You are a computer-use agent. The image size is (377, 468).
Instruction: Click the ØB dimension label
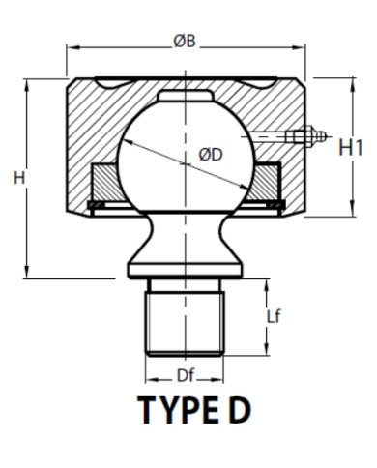click(x=185, y=42)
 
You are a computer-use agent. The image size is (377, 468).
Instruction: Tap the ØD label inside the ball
click(x=211, y=155)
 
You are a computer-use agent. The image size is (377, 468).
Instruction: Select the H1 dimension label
click(x=351, y=148)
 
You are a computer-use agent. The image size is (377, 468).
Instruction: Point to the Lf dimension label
click(x=274, y=316)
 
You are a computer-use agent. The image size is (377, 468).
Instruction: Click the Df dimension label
click(x=186, y=375)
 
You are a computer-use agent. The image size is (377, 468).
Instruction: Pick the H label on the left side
click(x=19, y=178)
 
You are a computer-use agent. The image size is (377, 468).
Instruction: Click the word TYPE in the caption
click(x=178, y=410)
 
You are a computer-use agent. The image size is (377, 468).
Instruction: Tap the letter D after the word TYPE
click(x=240, y=410)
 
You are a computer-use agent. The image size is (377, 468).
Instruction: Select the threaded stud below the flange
click(x=185, y=323)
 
